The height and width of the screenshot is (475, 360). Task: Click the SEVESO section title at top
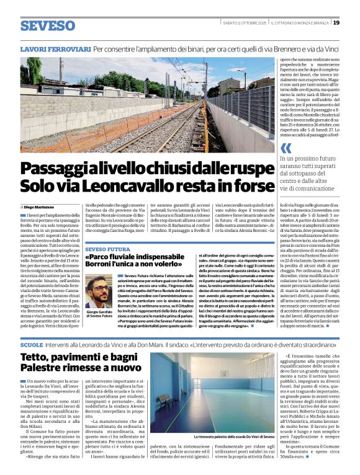[47, 25]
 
